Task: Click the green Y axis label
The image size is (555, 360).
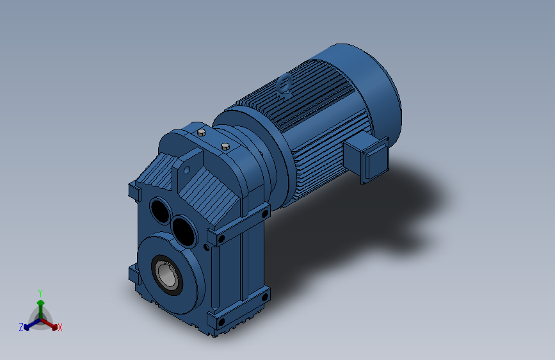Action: click(x=40, y=292)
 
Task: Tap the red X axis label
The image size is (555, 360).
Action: click(x=60, y=328)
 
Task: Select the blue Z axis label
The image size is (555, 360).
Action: click(x=21, y=327)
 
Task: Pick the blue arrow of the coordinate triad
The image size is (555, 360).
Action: click(x=29, y=323)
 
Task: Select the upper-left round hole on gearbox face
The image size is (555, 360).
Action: click(x=159, y=209)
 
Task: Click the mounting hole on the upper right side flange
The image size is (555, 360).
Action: click(x=221, y=240)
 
